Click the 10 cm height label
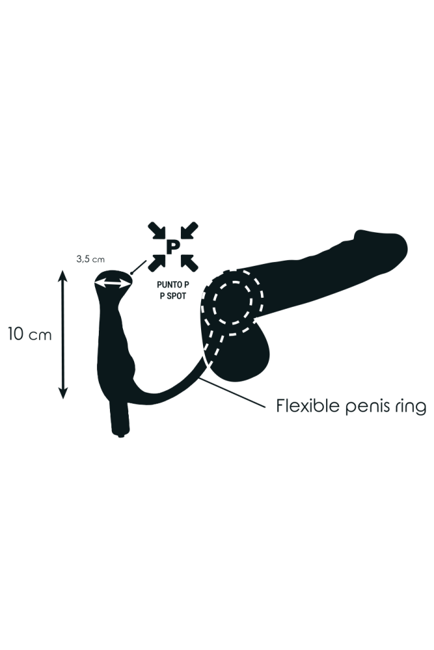pos(29,335)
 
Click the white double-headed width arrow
pos(113,283)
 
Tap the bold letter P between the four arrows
pos(172,246)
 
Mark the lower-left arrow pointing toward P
pos(157,262)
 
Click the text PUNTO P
pos(172,284)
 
